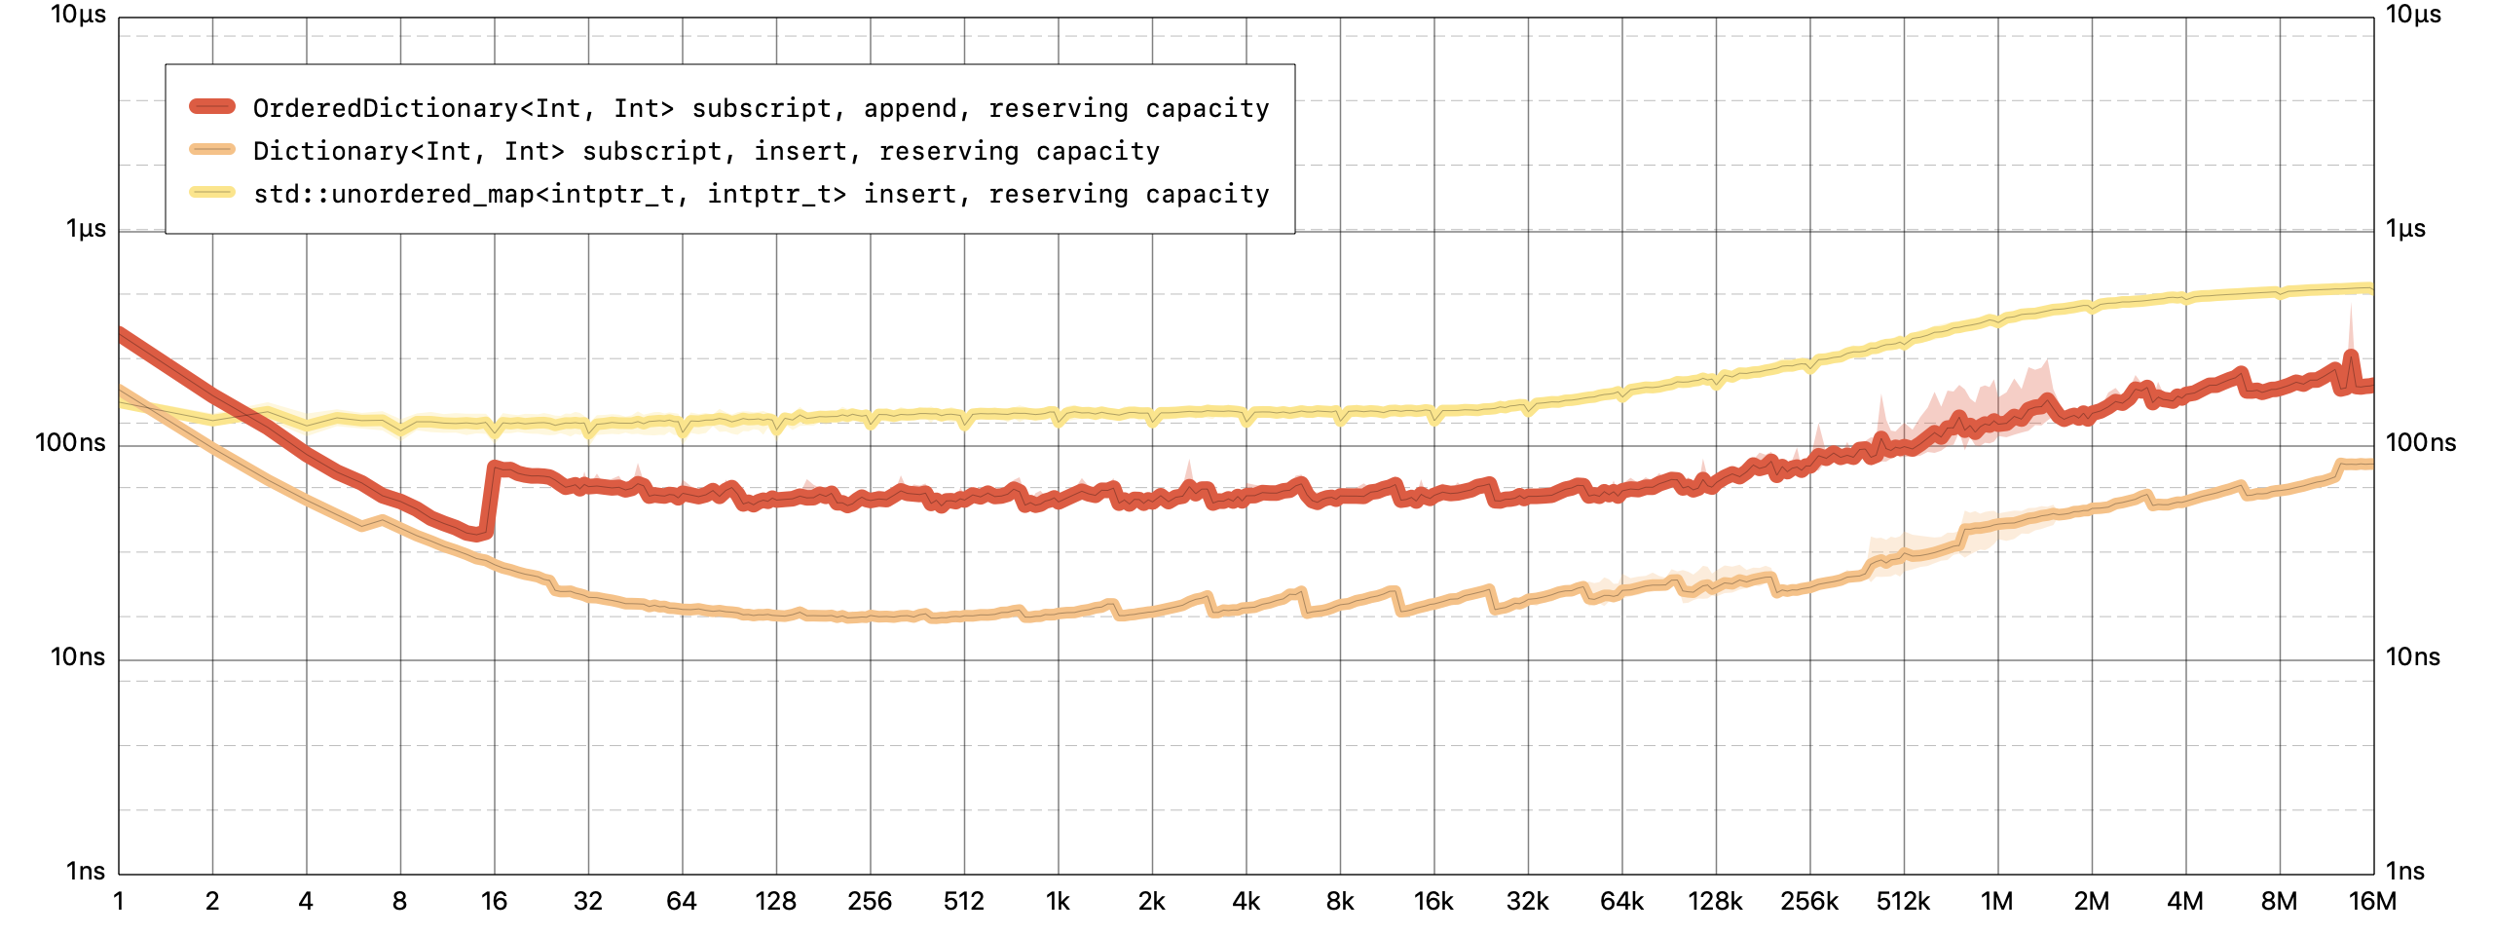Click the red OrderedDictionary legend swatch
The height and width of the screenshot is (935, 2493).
212,107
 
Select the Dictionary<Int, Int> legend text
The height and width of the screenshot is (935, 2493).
706,151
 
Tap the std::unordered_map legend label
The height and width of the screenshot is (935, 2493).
761,194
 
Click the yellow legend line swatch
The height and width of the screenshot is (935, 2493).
212,193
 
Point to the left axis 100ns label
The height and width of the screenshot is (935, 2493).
70,443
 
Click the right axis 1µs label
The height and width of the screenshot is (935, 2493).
2405,229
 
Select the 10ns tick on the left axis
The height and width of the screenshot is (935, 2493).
77,657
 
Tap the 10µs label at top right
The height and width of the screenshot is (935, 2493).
2413,15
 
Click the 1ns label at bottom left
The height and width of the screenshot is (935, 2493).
85,871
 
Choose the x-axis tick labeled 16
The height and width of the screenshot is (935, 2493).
494,901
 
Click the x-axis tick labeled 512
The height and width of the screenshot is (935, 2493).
963,901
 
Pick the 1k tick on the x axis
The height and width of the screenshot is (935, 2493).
1058,901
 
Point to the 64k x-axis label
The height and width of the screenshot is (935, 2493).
1621,901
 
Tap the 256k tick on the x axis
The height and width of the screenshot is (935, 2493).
1809,901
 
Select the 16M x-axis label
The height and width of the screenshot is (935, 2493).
2372,901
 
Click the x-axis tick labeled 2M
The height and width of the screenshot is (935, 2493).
2091,901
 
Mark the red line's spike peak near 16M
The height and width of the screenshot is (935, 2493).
2351,355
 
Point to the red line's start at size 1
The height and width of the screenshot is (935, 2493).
121,333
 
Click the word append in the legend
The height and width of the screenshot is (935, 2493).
911,108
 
